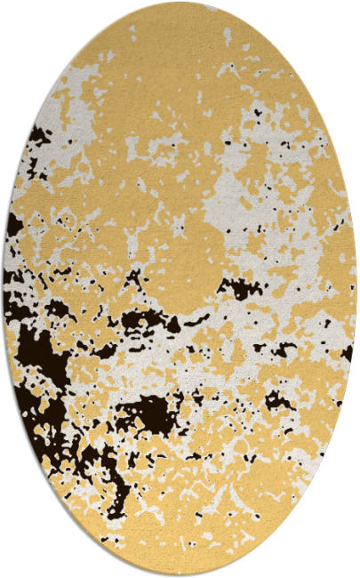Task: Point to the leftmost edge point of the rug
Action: pyautogui.click(x=4, y=289)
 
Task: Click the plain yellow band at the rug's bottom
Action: pyautogui.click(x=182, y=547)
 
